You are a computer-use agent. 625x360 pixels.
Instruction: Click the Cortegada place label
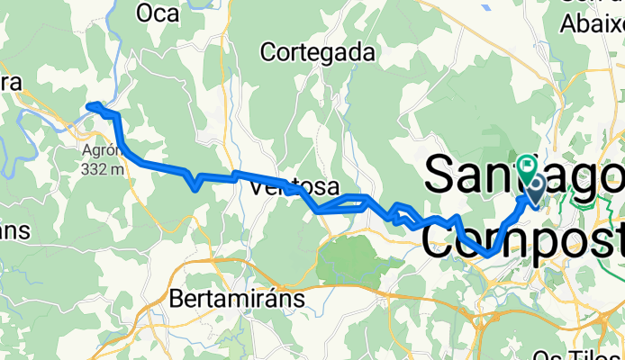317,53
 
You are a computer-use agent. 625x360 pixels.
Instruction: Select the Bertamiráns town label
239,296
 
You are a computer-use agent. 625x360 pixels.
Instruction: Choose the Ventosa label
295,188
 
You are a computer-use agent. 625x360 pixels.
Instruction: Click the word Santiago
522,174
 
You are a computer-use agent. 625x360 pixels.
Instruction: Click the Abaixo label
591,23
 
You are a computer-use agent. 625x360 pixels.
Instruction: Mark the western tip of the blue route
87,108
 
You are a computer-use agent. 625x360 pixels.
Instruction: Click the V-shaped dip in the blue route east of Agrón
195,187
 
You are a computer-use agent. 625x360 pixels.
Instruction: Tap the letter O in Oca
145,13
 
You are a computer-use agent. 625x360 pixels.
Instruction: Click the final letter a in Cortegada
367,53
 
